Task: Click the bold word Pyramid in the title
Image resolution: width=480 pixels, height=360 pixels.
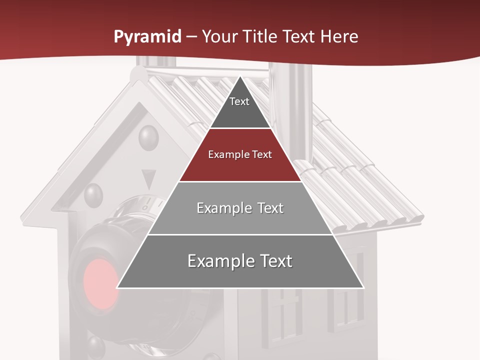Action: pos(147,37)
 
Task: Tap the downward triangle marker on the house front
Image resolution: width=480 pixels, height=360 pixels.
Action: pos(148,178)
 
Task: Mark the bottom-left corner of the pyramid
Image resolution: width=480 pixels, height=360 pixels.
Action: pos(117,287)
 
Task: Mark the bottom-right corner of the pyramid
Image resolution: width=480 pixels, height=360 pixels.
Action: pos(363,287)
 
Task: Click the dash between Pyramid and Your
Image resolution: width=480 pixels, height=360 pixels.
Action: pos(191,37)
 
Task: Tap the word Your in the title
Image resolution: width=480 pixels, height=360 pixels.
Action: pos(218,37)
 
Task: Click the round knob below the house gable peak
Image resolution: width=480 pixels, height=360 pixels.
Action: pos(148,136)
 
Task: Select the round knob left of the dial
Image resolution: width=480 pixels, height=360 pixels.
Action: pos(93,195)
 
